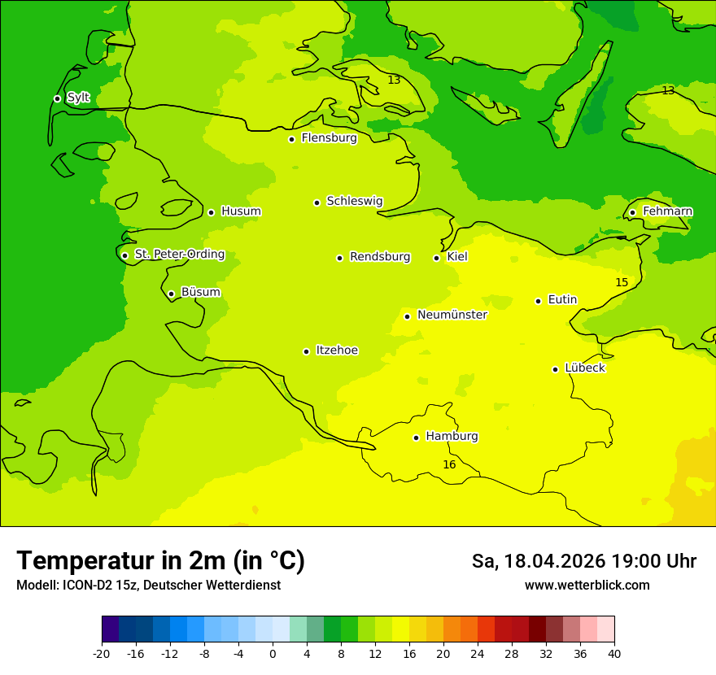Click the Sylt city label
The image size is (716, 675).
[x=78, y=98]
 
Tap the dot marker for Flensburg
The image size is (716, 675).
[x=291, y=139]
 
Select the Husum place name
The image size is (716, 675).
[x=241, y=211]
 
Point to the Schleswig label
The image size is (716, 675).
[x=354, y=201]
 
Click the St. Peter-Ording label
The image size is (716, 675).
[x=179, y=255]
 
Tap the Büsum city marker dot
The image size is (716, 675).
[x=171, y=294]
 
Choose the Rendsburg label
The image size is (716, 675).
[x=380, y=257]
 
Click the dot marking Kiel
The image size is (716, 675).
[x=436, y=258]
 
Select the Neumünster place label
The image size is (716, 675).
[x=452, y=315]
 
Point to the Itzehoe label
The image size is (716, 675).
[x=337, y=351]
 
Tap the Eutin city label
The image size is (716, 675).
[x=562, y=300]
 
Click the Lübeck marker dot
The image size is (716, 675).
[x=555, y=369]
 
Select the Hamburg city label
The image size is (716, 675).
[x=452, y=437]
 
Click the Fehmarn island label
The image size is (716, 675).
[x=667, y=211]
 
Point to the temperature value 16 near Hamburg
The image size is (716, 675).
[x=449, y=464]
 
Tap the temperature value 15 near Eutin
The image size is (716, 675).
[x=622, y=282]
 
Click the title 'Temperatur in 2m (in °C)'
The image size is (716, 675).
[x=160, y=561]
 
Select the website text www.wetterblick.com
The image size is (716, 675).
[x=587, y=586]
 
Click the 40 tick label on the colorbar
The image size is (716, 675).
[x=614, y=654]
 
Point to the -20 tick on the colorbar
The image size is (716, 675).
[x=102, y=654]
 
